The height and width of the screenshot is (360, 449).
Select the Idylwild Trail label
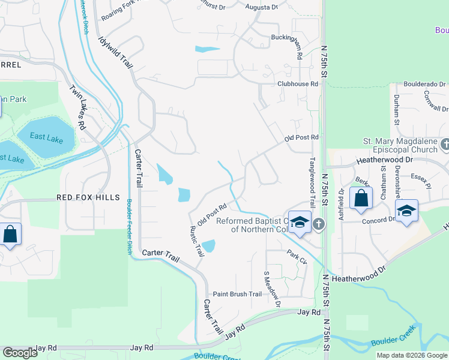pyautogui.click(x=115, y=52)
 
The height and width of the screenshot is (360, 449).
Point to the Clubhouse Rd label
pyautogui.click(x=297, y=84)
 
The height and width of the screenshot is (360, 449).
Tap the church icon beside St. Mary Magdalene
pyautogui.click(x=444, y=144)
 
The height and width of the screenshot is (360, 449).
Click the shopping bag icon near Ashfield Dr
pyautogui.click(x=361, y=199)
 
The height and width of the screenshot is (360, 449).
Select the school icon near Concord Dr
pyautogui.click(x=407, y=211)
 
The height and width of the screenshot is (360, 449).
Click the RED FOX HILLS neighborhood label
pyautogui.click(x=88, y=197)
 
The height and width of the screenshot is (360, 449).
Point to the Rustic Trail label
pyautogui.click(x=196, y=241)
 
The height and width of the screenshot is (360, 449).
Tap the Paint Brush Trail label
pyautogui.click(x=238, y=294)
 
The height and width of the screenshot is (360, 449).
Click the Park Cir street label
pyautogui.click(x=297, y=257)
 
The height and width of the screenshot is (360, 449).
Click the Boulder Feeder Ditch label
pyautogui.click(x=129, y=222)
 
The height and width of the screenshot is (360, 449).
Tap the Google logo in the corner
pyautogui.click(x=20, y=353)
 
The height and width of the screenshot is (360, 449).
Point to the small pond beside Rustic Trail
pyautogui.click(x=208, y=246)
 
